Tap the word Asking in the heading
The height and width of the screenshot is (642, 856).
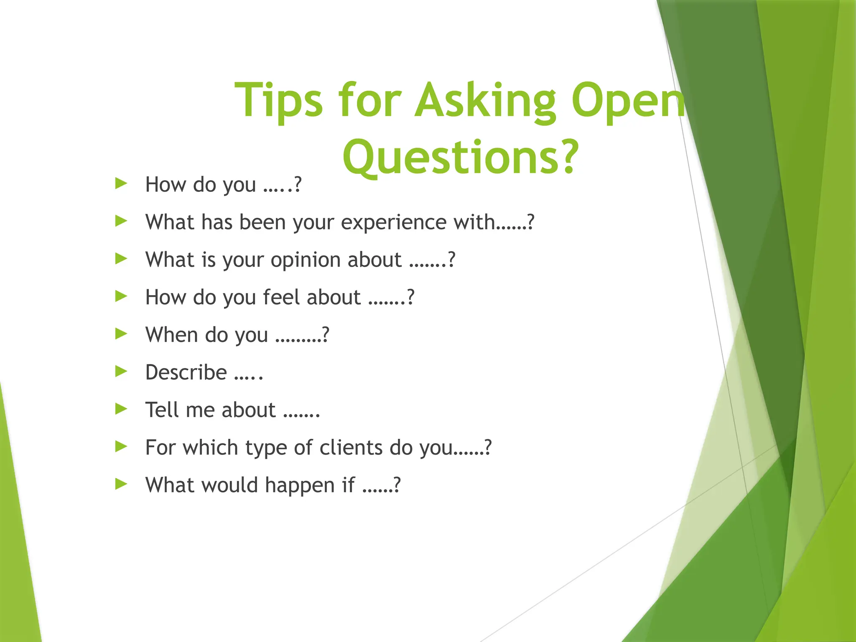click(485, 100)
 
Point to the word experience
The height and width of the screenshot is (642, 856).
click(393, 222)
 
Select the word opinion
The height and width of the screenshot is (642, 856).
click(306, 260)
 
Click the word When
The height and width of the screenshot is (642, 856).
click(171, 335)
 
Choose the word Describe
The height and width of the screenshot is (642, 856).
click(186, 372)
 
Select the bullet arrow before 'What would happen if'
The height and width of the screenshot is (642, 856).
click(121, 484)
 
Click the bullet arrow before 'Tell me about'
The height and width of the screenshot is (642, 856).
click(121, 409)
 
